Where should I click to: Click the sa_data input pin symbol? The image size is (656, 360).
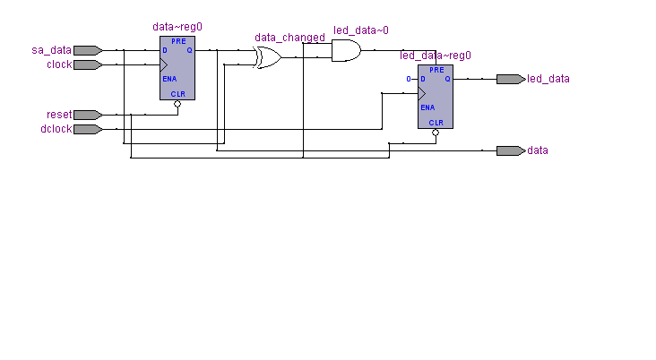point(88,50)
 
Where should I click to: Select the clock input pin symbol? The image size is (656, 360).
point(88,64)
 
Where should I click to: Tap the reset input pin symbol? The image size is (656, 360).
point(88,115)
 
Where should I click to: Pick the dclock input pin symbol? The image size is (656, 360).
point(88,129)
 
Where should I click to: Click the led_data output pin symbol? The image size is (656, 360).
point(511,79)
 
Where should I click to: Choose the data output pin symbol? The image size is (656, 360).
point(511,150)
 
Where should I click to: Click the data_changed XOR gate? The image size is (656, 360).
point(268,57)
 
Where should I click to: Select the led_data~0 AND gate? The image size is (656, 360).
point(346,50)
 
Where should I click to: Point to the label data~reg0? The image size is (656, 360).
point(177,27)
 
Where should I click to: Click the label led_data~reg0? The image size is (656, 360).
point(436,56)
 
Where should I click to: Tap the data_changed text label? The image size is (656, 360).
point(290,38)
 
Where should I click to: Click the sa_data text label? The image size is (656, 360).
point(51,50)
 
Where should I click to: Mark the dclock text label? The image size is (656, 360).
point(56,129)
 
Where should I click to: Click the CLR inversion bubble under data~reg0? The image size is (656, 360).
point(177,104)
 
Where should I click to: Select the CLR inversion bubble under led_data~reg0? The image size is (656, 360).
point(436,133)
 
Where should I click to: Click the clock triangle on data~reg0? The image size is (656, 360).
point(164,64)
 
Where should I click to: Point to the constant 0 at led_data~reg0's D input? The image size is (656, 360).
point(409,79)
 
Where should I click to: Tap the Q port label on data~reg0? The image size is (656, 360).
point(189,50)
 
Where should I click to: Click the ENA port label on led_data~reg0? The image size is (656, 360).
point(427,107)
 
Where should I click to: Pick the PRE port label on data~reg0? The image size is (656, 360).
point(178,41)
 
